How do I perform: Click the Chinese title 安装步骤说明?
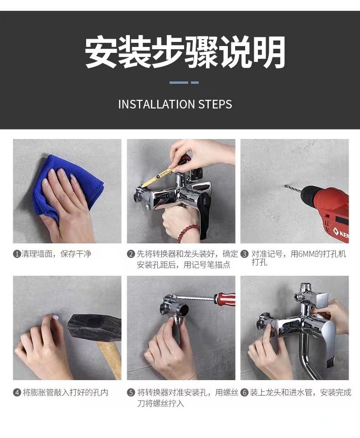click(x=185, y=52)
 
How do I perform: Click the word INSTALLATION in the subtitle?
click(x=156, y=104)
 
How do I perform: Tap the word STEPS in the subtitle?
click(x=215, y=104)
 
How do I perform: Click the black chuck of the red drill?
click(x=309, y=196)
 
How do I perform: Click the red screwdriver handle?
click(x=225, y=298)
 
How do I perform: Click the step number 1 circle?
click(x=17, y=254)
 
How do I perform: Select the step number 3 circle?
click(x=244, y=254)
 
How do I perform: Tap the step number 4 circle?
click(x=17, y=393)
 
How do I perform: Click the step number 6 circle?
click(x=244, y=393)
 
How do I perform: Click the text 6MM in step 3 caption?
click(x=306, y=254)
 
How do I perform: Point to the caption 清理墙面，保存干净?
click(x=56, y=254)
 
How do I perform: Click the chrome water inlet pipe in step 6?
click(x=307, y=355)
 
